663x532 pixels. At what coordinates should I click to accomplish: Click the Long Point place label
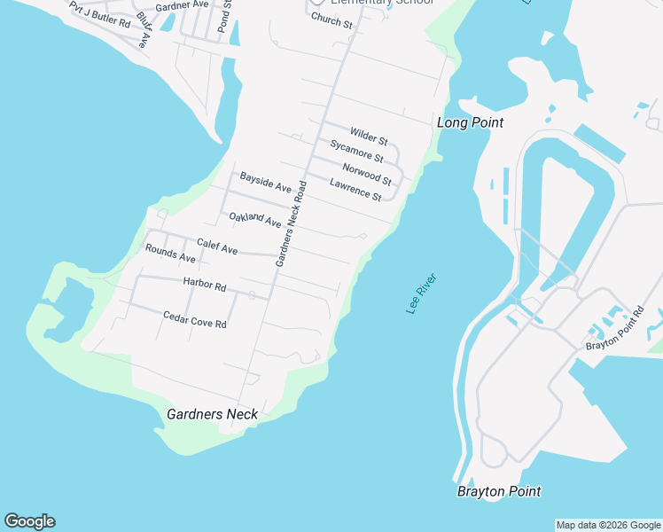coord(470,122)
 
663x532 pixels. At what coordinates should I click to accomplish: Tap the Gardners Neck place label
coord(212,414)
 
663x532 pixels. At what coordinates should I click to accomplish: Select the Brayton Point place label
coord(499,491)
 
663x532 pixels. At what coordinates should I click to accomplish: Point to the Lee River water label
coord(422,293)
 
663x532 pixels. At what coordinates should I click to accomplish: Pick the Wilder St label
coord(369,135)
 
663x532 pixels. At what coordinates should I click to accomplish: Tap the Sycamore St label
coord(356,151)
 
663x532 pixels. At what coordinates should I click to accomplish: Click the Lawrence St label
coord(355,189)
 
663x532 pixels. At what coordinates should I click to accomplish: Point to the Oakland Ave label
coord(254,219)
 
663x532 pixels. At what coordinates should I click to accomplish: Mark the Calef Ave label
coord(217,246)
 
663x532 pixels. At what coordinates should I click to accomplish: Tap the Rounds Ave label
coord(170,253)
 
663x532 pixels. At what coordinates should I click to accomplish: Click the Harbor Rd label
coord(205,285)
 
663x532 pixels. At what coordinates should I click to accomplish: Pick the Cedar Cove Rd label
coord(195,319)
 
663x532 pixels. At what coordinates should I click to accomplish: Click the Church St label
coord(331,20)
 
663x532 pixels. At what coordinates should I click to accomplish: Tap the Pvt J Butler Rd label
coord(100,13)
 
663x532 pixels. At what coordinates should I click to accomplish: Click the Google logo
coord(29,521)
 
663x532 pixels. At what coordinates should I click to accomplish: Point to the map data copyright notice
coord(608,525)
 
